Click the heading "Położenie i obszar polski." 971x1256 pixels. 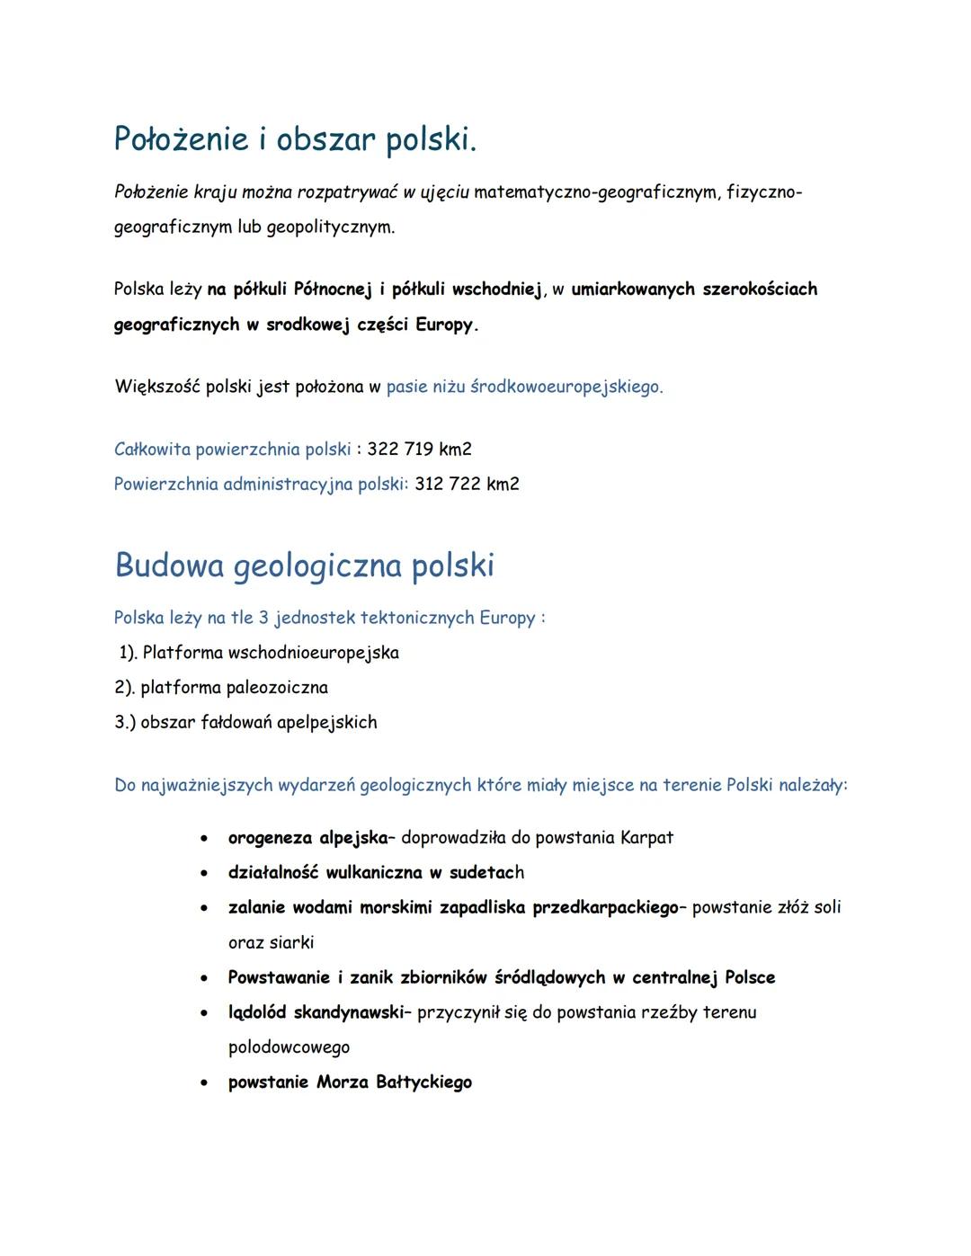pyautogui.click(x=295, y=139)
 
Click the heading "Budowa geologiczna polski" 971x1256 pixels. pyautogui.click(x=304, y=566)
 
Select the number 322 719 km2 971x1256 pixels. pyautogui.click(x=419, y=449)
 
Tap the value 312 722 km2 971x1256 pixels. pyautogui.click(x=467, y=484)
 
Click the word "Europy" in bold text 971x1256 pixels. pyautogui.click(x=443, y=325)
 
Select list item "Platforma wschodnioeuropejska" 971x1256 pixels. pyautogui.click(x=270, y=653)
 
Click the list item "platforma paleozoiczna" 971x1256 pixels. pyautogui.click(x=234, y=688)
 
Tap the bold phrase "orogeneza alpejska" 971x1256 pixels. pyautogui.click(x=307, y=838)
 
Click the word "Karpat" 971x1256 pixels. pyautogui.click(x=646, y=838)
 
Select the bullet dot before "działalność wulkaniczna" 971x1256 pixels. pyautogui.click(x=206, y=873)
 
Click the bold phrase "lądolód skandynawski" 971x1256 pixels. pyautogui.click(x=315, y=1012)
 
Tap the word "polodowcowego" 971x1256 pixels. pyautogui.click(x=289, y=1047)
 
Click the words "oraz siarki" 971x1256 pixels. pyautogui.click(x=271, y=942)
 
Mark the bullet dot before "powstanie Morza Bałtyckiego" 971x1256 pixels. pyautogui.click(x=206, y=1082)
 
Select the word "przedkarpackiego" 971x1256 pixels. pyautogui.click(x=604, y=907)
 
